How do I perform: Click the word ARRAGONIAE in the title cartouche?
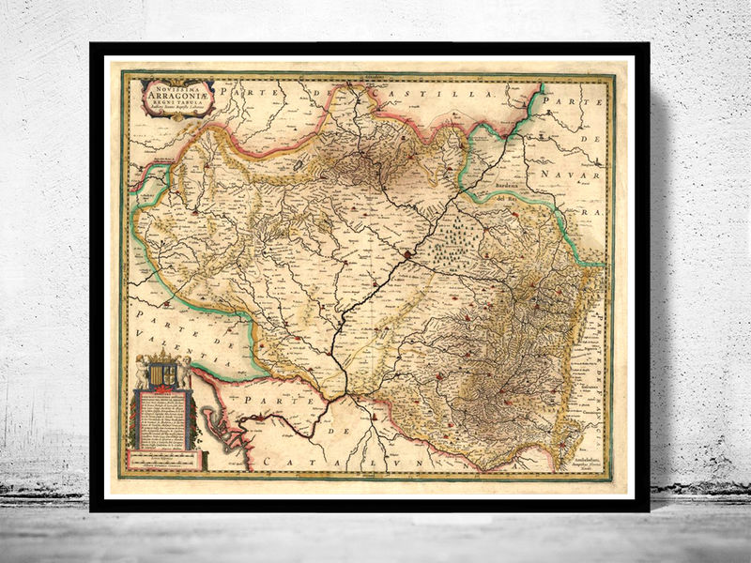[x=178, y=91]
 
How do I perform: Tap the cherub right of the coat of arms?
[x=186, y=371]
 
